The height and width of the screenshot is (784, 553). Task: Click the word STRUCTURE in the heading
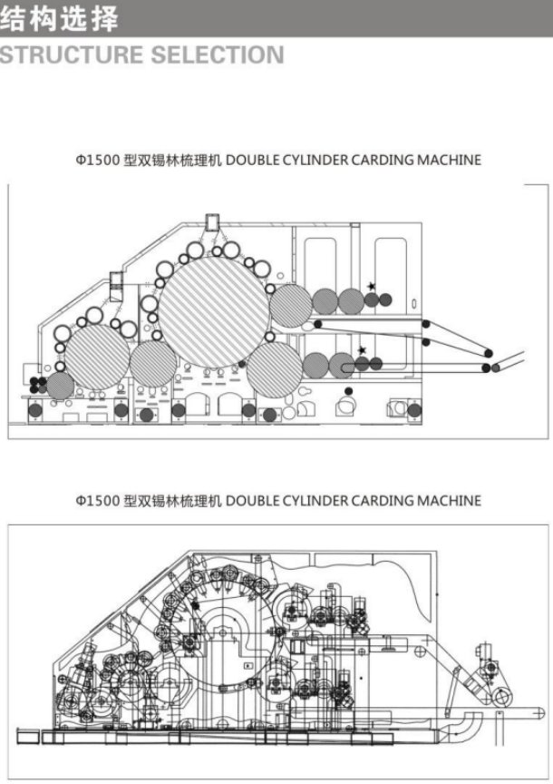[x=72, y=54]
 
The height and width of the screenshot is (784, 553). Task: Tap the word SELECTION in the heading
[x=218, y=54]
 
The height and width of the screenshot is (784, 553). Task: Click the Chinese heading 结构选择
[x=60, y=18]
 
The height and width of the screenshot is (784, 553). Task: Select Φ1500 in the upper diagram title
[x=97, y=160]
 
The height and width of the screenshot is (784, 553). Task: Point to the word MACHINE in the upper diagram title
[x=449, y=160]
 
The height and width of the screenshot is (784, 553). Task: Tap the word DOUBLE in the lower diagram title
[x=252, y=501]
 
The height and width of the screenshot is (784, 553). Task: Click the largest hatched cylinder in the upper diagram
[x=214, y=312]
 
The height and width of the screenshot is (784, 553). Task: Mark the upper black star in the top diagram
[x=371, y=287]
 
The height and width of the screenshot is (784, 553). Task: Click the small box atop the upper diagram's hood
[x=212, y=222]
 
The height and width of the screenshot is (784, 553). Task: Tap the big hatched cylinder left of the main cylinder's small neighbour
[x=96, y=357]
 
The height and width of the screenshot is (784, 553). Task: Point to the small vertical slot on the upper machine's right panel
[x=414, y=303]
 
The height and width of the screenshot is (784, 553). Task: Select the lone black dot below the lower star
[x=349, y=391]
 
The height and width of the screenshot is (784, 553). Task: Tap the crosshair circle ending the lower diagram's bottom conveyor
[x=538, y=712]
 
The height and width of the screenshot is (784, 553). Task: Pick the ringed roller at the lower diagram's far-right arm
[x=501, y=696]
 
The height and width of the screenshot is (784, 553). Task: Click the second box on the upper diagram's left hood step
[x=116, y=280]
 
